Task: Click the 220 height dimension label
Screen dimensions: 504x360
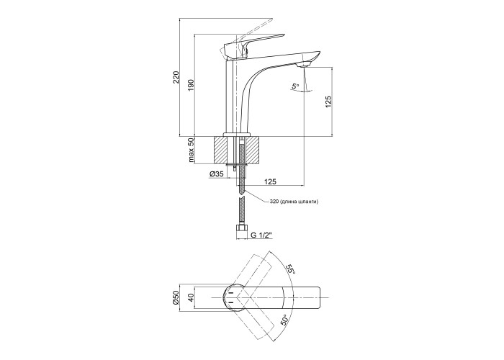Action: (176, 78)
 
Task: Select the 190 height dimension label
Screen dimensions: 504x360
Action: (192, 84)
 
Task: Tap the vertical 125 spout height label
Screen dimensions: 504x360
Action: (328, 102)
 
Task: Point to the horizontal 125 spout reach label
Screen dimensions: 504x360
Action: (270, 181)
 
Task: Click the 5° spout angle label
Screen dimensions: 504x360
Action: (294, 86)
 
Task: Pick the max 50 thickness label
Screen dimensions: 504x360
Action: (192, 150)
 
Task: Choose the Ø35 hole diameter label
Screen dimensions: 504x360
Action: (217, 174)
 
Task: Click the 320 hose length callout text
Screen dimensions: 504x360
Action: (294, 202)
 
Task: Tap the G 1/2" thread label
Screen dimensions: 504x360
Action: (261, 235)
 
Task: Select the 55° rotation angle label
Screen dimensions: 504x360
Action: (291, 267)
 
